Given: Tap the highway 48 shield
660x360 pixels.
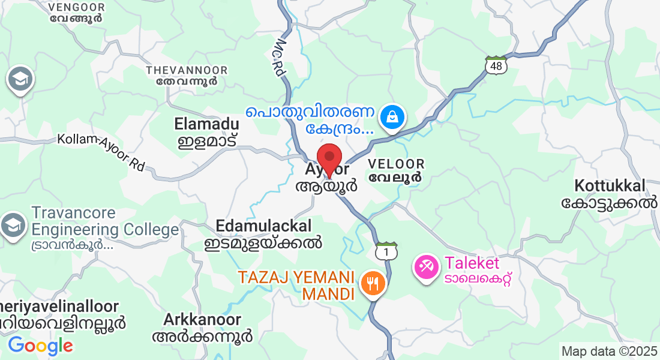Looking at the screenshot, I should click(496, 65).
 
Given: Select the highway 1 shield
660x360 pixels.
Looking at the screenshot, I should click(387, 252).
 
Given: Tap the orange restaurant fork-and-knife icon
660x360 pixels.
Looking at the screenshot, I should click(373, 284).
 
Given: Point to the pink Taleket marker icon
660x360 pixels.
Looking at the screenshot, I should click(427, 267).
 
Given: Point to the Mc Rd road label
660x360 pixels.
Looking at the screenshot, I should click(280, 58).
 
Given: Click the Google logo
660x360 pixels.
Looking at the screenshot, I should click(40, 346).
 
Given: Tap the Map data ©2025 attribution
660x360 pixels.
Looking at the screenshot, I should click(609, 351).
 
